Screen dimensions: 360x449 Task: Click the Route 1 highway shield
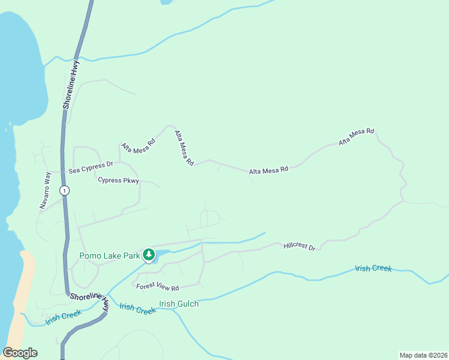(x=65, y=190)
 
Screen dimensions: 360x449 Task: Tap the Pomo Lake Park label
(x=110, y=256)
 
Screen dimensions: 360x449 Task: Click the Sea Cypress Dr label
(x=91, y=167)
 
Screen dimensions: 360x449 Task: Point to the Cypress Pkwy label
(x=118, y=180)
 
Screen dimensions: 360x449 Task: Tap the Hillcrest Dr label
(x=300, y=247)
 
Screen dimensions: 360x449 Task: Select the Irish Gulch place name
(x=179, y=304)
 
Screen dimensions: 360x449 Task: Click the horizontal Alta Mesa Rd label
(x=269, y=170)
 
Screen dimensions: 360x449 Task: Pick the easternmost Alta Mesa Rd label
(x=357, y=137)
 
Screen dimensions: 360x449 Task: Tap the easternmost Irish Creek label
(x=373, y=268)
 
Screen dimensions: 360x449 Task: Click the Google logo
(x=20, y=353)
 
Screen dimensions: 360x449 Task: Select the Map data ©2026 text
(x=423, y=355)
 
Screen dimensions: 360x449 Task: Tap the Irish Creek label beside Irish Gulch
(x=137, y=308)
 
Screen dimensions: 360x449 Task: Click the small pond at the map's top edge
(x=166, y=2)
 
